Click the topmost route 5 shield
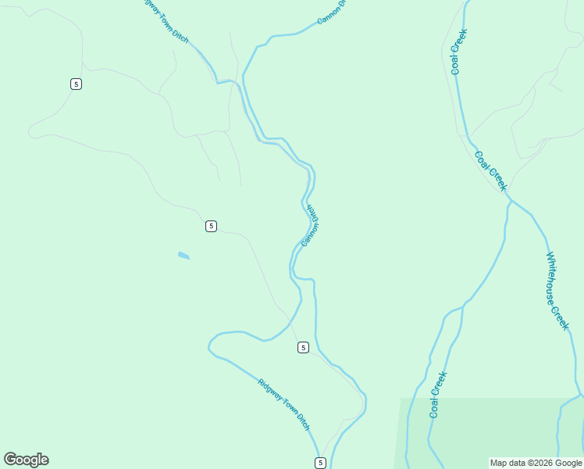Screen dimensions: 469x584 (76, 84)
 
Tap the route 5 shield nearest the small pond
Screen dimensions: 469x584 (211, 226)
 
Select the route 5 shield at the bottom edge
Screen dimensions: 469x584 (320, 463)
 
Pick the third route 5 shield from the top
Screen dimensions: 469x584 (303, 347)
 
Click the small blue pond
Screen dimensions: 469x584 (183, 255)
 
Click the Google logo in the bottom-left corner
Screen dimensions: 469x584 (26, 460)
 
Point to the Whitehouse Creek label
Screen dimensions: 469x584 (557, 291)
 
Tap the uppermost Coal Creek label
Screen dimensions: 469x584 (458, 52)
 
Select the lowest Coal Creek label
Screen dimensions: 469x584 (438, 394)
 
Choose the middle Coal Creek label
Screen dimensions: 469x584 (491, 170)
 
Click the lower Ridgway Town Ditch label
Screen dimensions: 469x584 (284, 404)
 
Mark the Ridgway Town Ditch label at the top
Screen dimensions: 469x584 (166, 21)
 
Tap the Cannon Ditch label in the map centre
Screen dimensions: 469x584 (311, 225)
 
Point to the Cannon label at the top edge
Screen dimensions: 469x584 (331, 11)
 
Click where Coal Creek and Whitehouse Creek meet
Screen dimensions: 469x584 (511, 201)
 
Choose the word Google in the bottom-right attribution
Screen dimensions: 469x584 (569, 463)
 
